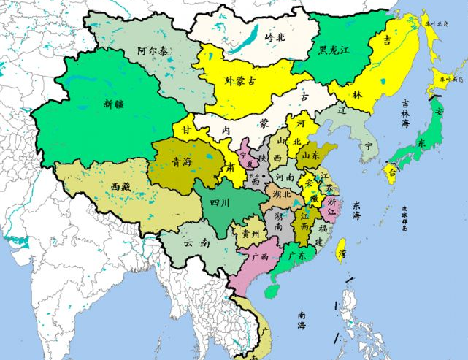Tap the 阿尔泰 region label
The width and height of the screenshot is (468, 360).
point(153,53)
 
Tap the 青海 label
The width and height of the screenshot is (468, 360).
point(182,164)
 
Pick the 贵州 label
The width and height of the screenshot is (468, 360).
point(250,234)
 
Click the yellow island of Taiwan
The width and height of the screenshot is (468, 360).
point(340,252)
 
